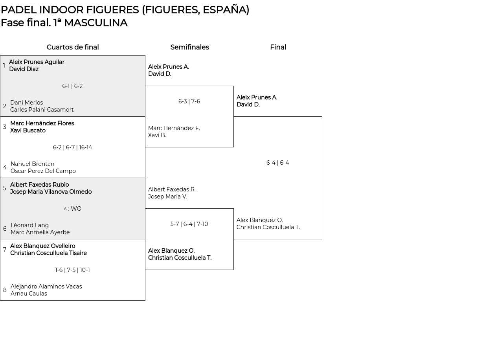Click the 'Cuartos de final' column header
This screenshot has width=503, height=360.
pos(73,47)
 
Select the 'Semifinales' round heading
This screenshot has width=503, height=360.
pos(189,47)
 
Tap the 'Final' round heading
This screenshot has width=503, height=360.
pos(278,47)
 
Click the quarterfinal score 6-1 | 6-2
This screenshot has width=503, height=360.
pos(72,86)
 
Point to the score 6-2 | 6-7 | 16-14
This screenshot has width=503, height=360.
pos(73,147)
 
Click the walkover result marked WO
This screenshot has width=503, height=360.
pos(73,209)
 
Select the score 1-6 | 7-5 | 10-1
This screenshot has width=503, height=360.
pos(72,270)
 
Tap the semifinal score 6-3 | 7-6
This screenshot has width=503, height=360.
pos(189,101)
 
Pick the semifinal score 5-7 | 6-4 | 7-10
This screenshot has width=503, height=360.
pos(189,224)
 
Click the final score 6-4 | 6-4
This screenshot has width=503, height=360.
pos(277,163)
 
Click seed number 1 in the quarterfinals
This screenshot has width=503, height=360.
pos(4,66)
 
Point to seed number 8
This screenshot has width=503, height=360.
pos(5,290)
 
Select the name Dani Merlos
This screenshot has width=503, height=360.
pos(26,103)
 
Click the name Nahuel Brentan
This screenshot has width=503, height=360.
pos(32,164)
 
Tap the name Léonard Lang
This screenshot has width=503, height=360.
pos(29,225)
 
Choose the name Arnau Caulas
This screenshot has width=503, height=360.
pos(29,294)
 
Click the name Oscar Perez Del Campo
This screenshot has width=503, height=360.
pos(43,171)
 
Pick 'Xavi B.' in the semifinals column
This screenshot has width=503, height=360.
pos(157,135)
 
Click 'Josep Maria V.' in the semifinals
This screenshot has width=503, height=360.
pos(167,197)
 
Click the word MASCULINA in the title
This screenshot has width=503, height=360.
pos(96,23)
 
